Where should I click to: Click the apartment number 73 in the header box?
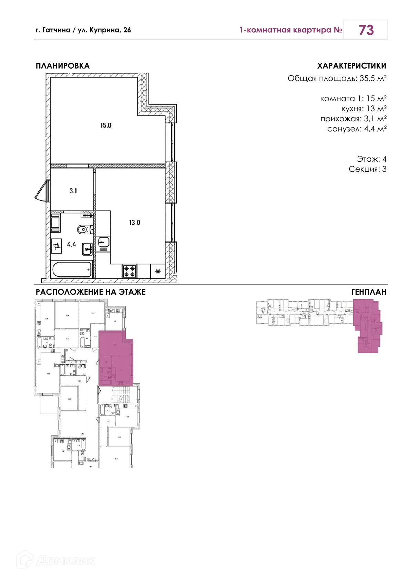(x=366, y=30)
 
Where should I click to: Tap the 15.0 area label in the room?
(x=106, y=125)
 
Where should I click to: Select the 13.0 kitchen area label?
(x=134, y=223)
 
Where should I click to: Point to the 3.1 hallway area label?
(x=73, y=191)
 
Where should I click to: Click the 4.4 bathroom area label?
(x=71, y=244)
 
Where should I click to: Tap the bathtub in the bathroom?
(x=72, y=269)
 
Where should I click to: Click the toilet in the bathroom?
(x=84, y=229)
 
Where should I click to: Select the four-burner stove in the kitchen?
(x=130, y=271)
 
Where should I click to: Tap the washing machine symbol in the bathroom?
(x=56, y=246)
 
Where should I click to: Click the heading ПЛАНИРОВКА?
(x=63, y=66)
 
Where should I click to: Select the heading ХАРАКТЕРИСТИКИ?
(x=351, y=66)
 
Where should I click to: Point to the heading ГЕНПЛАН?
(x=369, y=292)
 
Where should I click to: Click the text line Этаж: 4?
(x=371, y=159)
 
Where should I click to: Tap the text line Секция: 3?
(x=367, y=169)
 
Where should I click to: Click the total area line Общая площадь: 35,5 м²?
(x=337, y=78)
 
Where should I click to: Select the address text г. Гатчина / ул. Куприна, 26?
(x=83, y=30)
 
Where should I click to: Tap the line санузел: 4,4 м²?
(x=357, y=129)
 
